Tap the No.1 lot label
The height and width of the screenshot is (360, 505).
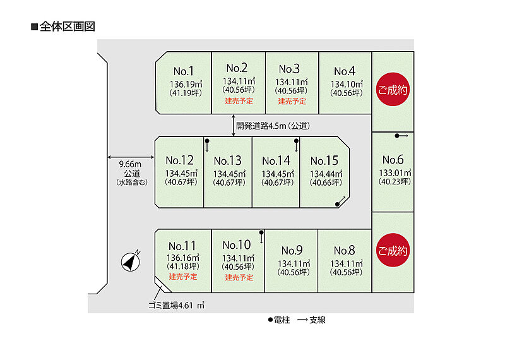click(184, 71)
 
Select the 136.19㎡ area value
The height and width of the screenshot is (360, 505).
click(186, 84)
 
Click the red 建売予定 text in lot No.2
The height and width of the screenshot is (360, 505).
click(239, 101)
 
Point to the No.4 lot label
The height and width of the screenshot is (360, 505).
click(345, 71)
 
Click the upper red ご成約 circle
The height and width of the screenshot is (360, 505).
click(393, 90)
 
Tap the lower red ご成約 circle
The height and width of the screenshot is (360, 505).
click(393, 250)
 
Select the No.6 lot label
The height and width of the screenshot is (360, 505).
click(393, 160)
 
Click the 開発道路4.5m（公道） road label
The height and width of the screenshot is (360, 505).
click(273, 126)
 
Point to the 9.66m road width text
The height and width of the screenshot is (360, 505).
click(130, 164)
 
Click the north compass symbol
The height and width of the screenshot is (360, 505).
click(131, 261)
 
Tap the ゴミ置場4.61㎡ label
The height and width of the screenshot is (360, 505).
click(176, 305)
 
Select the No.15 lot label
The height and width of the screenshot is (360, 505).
click(324, 160)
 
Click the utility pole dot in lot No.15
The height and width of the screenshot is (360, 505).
click(337, 204)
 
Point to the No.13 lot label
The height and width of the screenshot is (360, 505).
click(228, 160)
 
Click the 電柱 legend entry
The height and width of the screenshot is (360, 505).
click(279, 320)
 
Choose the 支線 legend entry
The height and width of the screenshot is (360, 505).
click(311, 320)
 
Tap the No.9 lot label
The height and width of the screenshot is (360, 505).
click(292, 250)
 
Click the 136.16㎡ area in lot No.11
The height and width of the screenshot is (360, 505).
click(182, 258)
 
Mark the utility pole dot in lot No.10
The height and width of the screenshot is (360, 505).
click(261, 232)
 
